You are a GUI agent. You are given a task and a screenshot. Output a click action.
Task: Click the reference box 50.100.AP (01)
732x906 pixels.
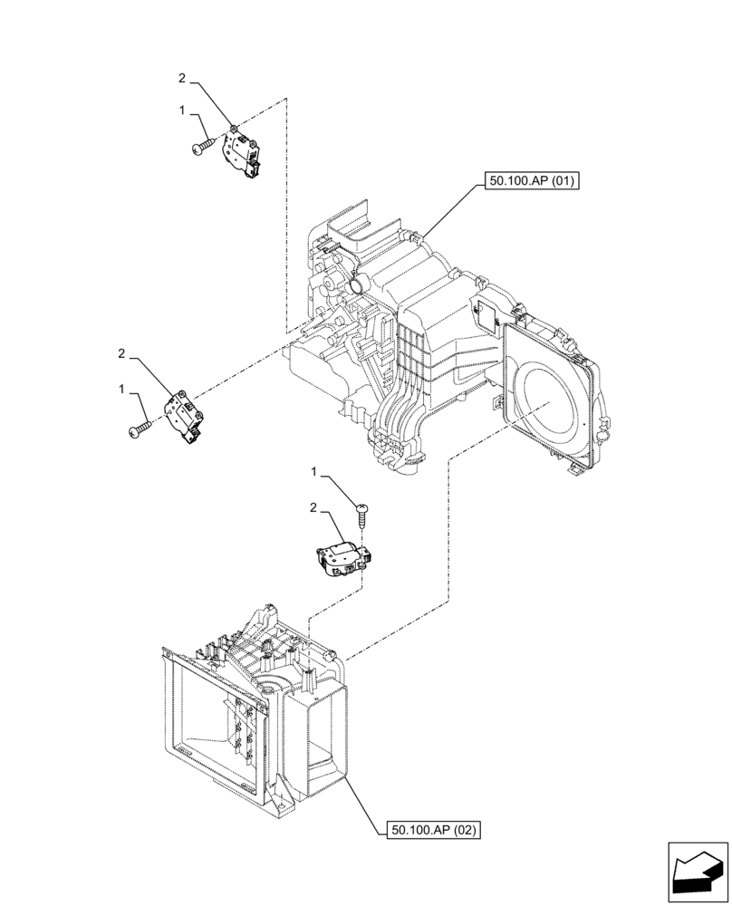click(533, 181)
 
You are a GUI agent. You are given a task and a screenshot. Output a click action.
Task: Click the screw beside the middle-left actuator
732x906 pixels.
click(141, 430)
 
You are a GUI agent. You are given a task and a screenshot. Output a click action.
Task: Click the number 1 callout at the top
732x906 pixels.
click(183, 111)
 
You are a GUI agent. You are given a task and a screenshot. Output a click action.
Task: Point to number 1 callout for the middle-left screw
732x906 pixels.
click(121, 388)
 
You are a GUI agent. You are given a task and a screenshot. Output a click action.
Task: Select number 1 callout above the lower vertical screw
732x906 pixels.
click(314, 473)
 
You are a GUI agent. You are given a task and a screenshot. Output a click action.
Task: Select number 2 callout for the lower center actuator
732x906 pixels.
click(314, 509)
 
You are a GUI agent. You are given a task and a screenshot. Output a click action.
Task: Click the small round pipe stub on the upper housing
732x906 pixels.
click(357, 287)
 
